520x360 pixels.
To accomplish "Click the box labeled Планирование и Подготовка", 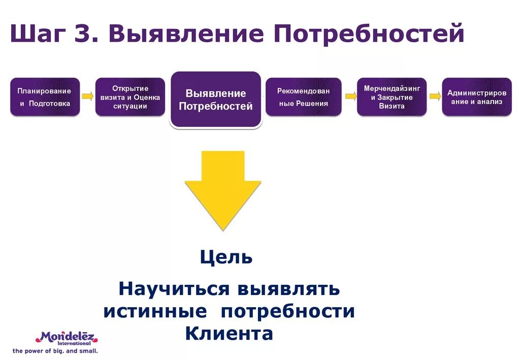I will pyautogui.click(x=45, y=97).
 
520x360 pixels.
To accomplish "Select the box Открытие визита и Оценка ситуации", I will pyautogui.click(x=130, y=97).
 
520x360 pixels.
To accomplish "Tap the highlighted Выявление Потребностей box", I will pyautogui.click(x=216, y=100).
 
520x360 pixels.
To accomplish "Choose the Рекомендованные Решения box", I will pyautogui.click(x=303, y=97).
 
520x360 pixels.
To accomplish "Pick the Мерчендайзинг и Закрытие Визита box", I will pyautogui.click(x=392, y=97).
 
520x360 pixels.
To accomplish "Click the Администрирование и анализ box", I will pyautogui.click(x=476, y=97).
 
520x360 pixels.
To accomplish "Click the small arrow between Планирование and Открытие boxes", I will pyautogui.click(x=87, y=96).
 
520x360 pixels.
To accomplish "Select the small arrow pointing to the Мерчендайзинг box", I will pyautogui.click(x=350, y=96).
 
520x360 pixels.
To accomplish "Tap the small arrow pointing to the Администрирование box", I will pyautogui.click(x=435, y=96).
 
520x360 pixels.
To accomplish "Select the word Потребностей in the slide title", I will pyautogui.click(x=369, y=35).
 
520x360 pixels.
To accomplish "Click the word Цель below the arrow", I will pyautogui.click(x=226, y=257).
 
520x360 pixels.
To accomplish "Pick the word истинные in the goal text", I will pyautogui.click(x=155, y=311).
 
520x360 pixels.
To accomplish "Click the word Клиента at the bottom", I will pyautogui.click(x=229, y=334).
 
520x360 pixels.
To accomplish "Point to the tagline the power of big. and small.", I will pyautogui.click(x=55, y=351).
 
